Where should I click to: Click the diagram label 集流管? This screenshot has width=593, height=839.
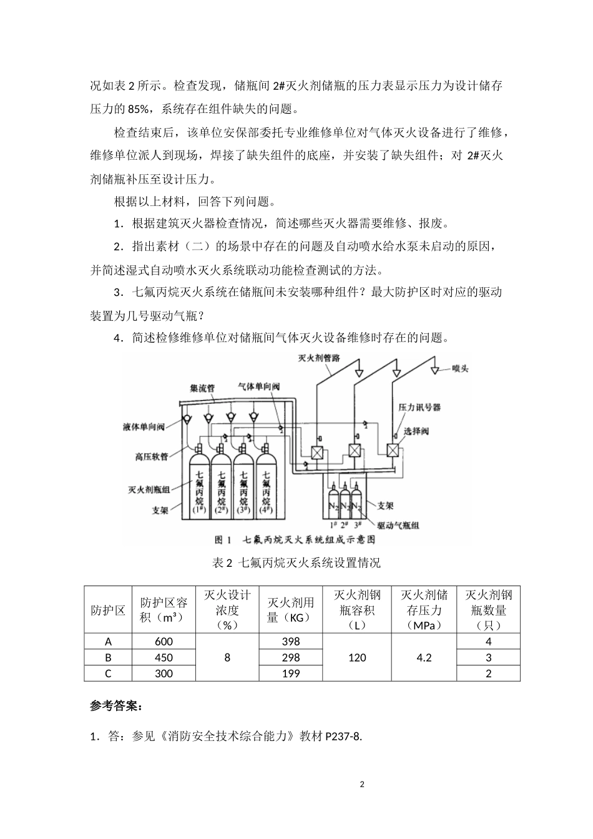click(x=202, y=388)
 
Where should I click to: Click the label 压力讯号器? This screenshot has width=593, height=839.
click(x=419, y=407)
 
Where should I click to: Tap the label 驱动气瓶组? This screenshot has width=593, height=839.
click(x=398, y=525)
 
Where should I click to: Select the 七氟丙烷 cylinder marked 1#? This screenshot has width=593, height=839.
click(x=199, y=488)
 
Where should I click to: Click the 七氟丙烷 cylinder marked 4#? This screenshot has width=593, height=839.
click(x=267, y=488)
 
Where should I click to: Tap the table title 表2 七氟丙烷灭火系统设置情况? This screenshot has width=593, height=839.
click(x=296, y=562)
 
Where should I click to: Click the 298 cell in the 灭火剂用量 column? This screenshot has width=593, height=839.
click(x=290, y=657)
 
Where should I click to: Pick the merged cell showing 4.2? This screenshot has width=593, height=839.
click(x=424, y=657)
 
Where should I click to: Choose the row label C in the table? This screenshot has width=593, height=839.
click(x=108, y=674)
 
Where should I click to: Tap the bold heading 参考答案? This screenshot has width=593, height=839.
click(x=115, y=706)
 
